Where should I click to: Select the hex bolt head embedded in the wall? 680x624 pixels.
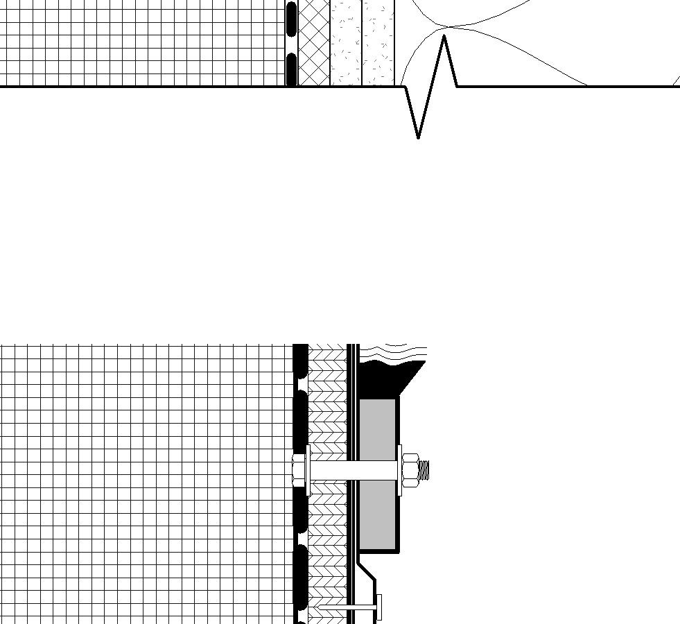tap(299, 469)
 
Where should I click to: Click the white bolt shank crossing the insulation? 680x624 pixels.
tap(354, 471)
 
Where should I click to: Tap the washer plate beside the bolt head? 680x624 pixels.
tap(308, 470)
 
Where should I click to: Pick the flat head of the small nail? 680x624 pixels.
tap(378, 608)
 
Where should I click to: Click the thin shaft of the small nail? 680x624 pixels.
tap(347, 609)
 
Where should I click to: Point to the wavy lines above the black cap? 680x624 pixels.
tap(392, 352)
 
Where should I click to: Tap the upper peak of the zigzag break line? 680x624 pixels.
tap(444, 37)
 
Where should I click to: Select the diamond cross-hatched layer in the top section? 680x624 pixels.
tap(314, 42)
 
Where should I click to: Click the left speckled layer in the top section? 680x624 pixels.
tap(345, 42)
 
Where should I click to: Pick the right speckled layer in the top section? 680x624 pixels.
tap(378, 42)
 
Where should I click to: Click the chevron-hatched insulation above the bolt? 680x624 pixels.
tap(326, 409)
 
